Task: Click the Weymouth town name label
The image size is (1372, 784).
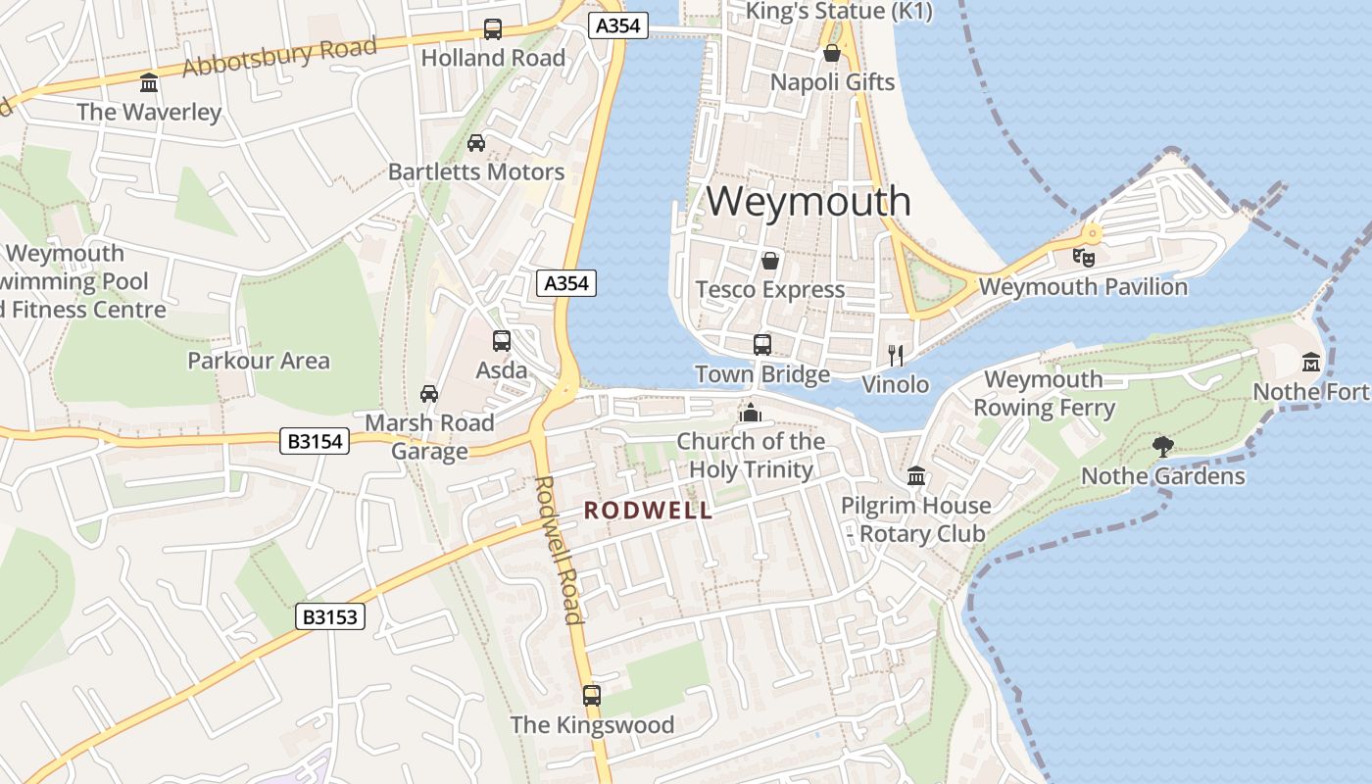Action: coord(808,201)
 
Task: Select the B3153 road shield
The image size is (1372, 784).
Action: coord(330,616)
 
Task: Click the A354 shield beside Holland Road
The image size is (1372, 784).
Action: coord(619,25)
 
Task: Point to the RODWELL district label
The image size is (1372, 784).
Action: coord(648,511)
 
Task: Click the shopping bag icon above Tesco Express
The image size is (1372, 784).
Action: coord(770,261)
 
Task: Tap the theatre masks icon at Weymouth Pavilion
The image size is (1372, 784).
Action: coord(1083,258)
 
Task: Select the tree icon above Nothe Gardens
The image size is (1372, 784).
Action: coord(1163,447)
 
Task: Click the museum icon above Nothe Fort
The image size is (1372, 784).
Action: coord(1311,363)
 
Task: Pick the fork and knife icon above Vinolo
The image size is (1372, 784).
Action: coord(895,355)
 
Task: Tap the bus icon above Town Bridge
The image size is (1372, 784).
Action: coord(762,345)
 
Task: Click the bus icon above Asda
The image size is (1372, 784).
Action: coord(502,341)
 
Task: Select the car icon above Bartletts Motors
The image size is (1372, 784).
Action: coord(476,143)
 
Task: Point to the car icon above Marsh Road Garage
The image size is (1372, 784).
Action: coord(429,394)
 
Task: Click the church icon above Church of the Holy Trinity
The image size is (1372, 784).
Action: coord(751,413)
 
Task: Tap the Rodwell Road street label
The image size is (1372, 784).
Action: coord(560,549)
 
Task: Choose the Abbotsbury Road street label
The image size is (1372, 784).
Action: coord(279,57)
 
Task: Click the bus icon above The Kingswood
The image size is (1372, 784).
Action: coord(592,696)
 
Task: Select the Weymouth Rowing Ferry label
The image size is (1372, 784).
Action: coord(1045,393)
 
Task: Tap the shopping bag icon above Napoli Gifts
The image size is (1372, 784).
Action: coord(832,53)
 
